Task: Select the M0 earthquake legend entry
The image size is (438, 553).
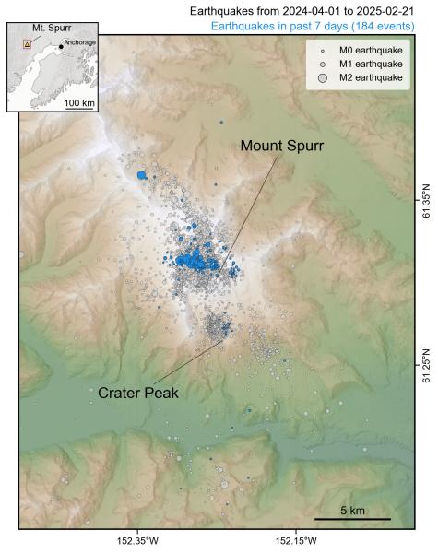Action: click(366, 49)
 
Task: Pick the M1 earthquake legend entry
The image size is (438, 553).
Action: click(366, 64)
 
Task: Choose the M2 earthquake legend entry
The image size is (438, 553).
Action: click(366, 78)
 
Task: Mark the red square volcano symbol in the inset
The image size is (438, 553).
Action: click(28, 43)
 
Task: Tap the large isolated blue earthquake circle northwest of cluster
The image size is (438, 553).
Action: click(142, 174)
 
